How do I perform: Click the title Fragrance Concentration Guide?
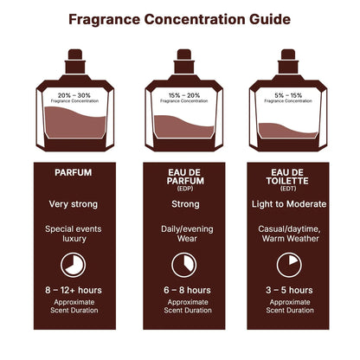(x=179, y=18)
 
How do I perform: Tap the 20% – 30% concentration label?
(x=73, y=94)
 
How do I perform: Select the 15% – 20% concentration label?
(x=179, y=94)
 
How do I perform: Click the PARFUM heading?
(x=73, y=172)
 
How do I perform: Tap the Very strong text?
(x=73, y=204)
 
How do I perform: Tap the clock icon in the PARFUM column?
(x=73, y=264)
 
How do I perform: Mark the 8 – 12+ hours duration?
(x=73, y=291)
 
